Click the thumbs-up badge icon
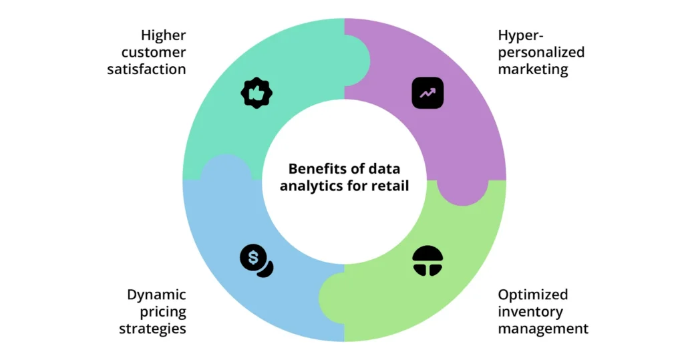click(x=256, y=94)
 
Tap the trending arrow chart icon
click(x=427, y=94)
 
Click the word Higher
click(x=163, y=35)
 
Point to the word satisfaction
click(x=146, y=69)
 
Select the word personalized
click(x=541, y=52)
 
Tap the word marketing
click(x=533, y=69)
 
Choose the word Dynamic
click(x=156, y=295)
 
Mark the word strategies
click(x=152, y=328)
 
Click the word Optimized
click(x=533, y=295)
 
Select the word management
click(x=543, y=328)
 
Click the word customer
click(x=154, y=52)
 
